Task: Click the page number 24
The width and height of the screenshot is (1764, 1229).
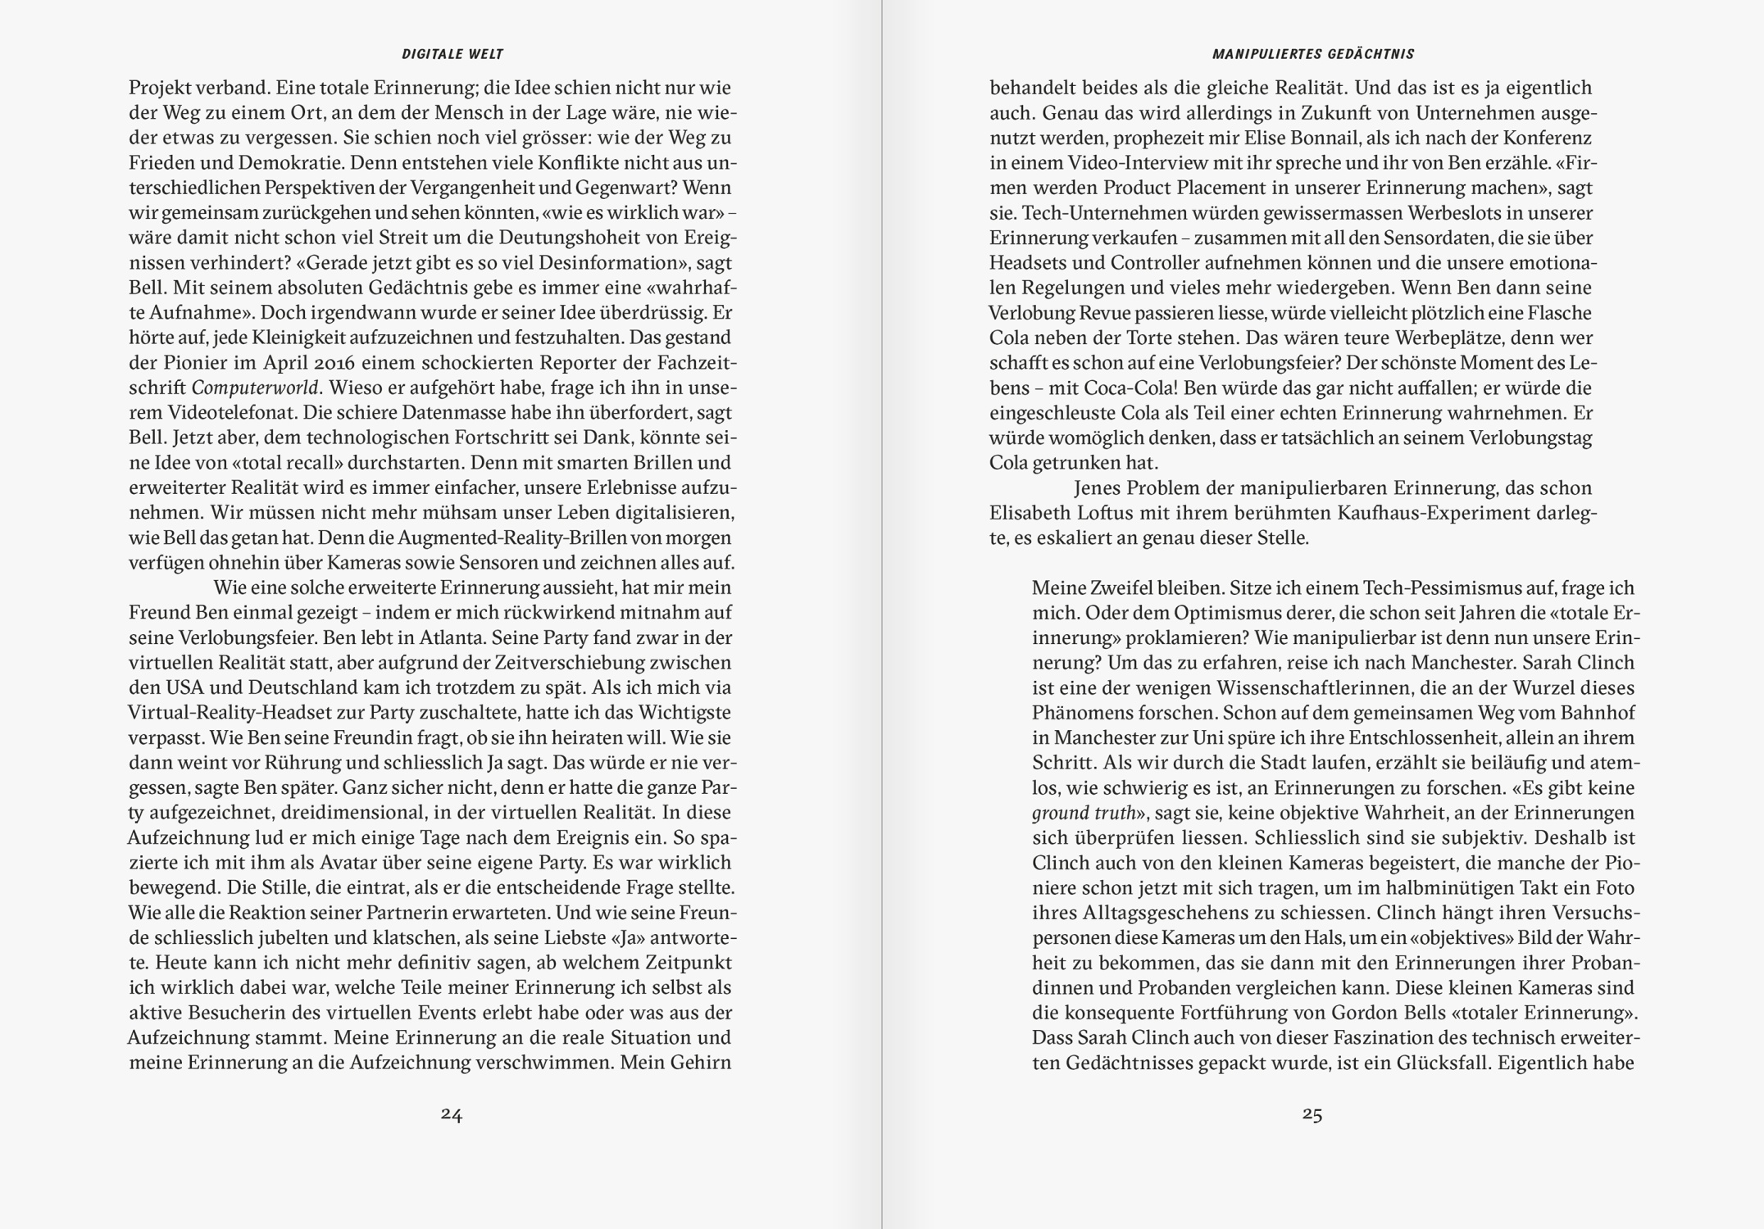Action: [x=452, y=1114]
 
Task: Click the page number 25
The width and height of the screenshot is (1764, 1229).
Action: [x=1312, y=1114]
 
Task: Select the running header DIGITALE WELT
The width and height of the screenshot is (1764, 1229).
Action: [x=452, y=54]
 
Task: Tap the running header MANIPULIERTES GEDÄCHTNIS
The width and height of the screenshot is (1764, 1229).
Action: [x=1313, y=54]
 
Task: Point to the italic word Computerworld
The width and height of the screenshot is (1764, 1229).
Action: [x=255, y=388]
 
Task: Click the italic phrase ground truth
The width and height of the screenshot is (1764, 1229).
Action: [x=1084, y=814]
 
